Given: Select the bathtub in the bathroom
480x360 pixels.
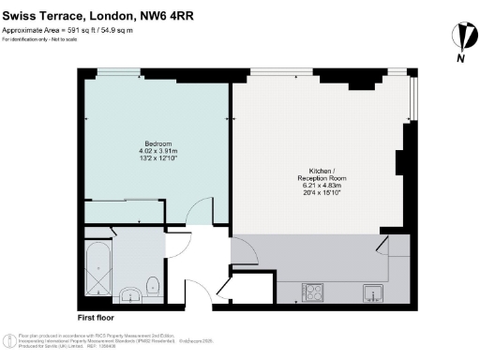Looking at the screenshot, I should tap(97, 270).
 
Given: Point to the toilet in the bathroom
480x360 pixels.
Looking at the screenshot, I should tap(153, 281).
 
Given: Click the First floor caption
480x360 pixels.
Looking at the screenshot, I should tap(95, 319).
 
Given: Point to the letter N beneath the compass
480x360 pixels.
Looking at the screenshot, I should tap(460, 60).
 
